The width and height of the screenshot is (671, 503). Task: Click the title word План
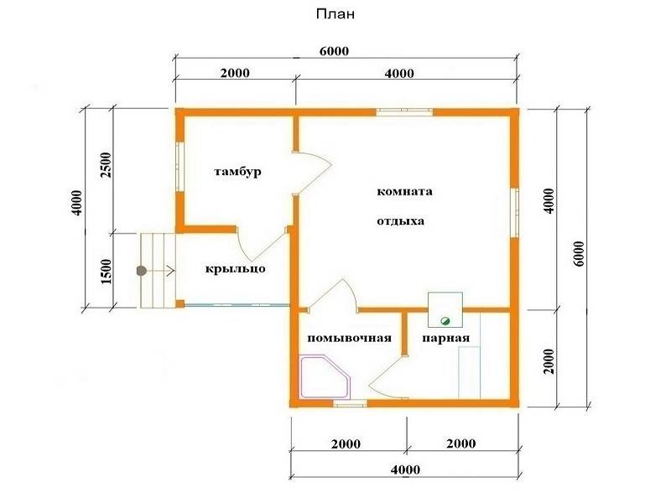point(335,14)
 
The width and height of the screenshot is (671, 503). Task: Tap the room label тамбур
point(237,172)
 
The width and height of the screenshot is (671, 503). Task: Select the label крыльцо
point(235,268)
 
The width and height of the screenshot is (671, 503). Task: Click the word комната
point(404,191)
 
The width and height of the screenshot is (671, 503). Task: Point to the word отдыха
point(401,221)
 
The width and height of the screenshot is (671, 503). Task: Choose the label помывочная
point(349,338)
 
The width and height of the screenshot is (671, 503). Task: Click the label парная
point(446,338)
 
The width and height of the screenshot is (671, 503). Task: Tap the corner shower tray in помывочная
point(325,376)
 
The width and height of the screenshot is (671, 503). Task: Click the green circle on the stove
point(445,320)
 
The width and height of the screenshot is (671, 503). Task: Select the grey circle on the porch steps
point(141,271)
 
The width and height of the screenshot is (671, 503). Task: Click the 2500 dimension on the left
point(106,165)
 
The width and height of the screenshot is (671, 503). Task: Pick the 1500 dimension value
point(106,271)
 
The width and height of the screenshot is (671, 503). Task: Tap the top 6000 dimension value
point(334,51)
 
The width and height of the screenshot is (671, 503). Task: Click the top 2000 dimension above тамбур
point(235,73)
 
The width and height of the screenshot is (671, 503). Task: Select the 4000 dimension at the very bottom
point(405,469)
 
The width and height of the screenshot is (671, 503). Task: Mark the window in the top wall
point(404,112)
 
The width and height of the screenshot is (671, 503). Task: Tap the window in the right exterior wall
point(515,213)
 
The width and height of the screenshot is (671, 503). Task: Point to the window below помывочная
point(350,403)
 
